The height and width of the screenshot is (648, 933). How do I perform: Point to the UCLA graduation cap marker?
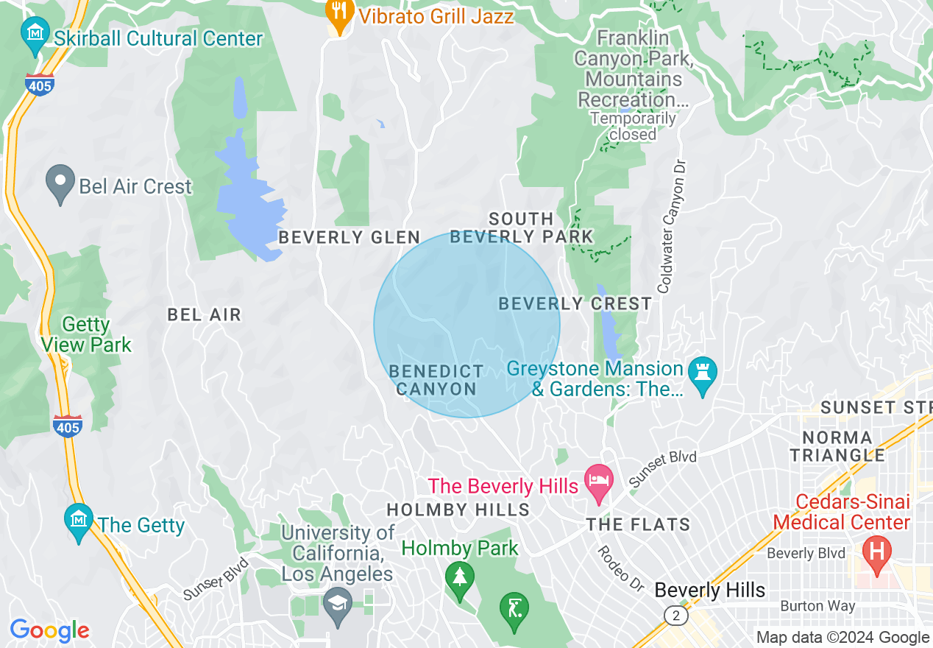(x=338, y=605)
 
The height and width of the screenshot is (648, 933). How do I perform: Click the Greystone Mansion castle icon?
(x=702, y=373)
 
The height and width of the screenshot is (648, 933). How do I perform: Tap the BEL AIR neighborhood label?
(x=204, y=315)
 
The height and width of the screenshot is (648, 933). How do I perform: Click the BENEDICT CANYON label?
(x=436, y=380)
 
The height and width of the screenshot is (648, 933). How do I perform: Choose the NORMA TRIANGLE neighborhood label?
(x=838, y=446)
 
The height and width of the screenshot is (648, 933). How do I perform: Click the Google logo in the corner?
(x=50, y=630)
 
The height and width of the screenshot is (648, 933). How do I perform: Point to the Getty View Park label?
(x=86, y=334)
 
